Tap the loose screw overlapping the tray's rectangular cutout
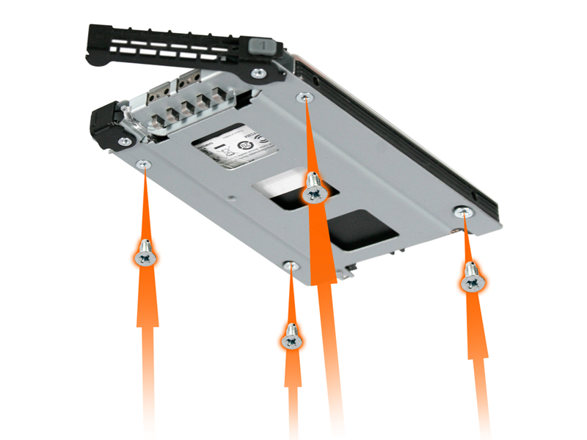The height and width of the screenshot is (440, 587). pos(315,188)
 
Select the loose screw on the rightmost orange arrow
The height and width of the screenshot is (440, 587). pos(472,277)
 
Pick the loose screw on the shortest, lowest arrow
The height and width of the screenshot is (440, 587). pos(292,338)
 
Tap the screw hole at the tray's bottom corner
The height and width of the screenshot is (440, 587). pos(292,265)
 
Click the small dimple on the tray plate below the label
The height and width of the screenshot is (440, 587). pos(232,196)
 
